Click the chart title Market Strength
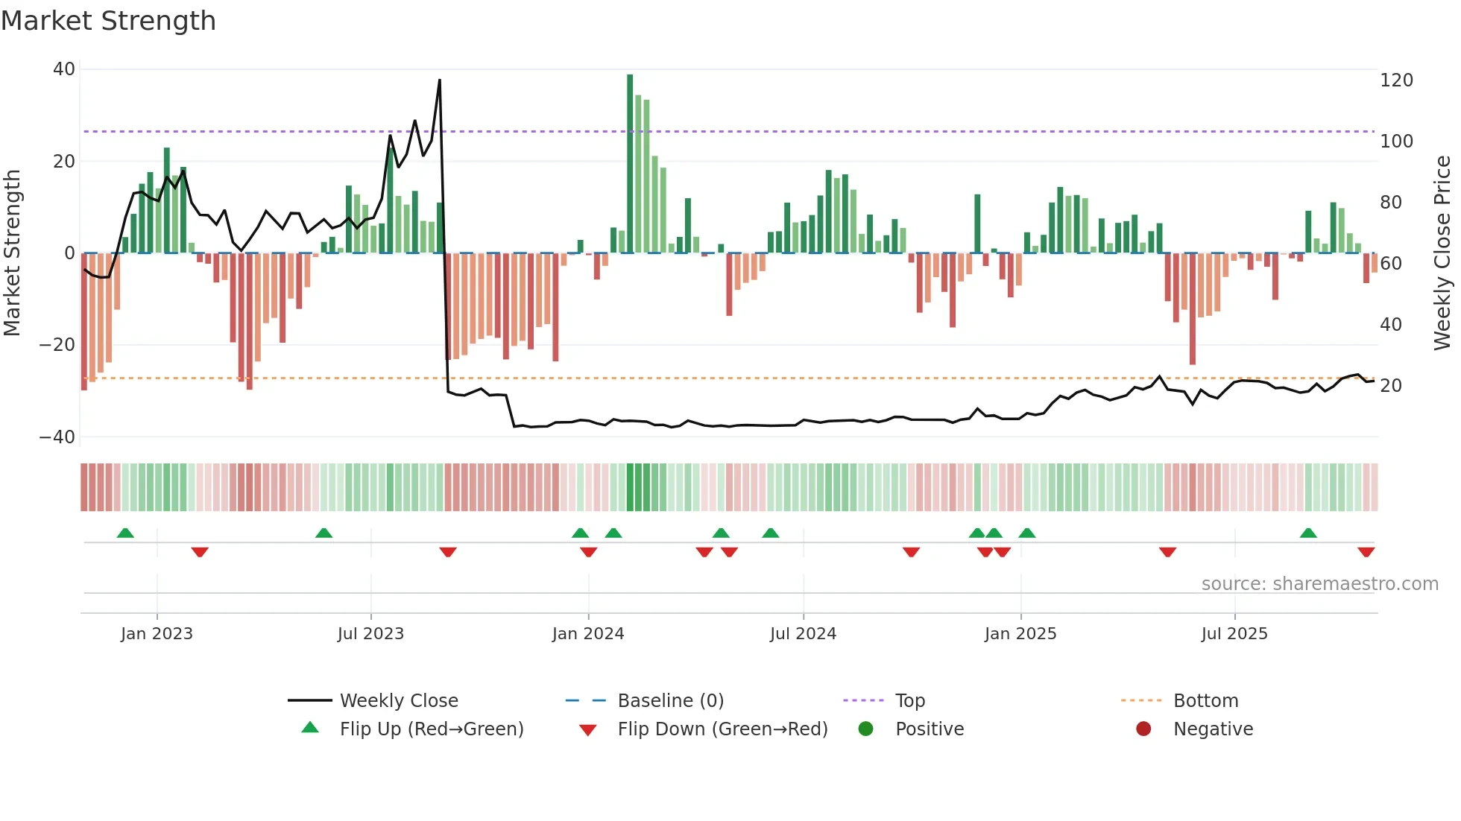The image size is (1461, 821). pyautogui.click(x=108, y=21)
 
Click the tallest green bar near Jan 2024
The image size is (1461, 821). pyautogui.click(x=630, y=164)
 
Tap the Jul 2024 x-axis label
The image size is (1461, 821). pyautogui.click(x=803, y=634)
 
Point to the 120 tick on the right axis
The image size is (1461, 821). pyautogui.click(x=1396, y=80)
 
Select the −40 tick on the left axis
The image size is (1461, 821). pyautogui.click(x=57, y=437)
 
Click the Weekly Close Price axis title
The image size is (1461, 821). pyautogui.click(x=1442, y=253)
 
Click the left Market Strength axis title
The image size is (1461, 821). pyautogui.click(x=13, y=253)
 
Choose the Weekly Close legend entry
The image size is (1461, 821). pyautogui.click(x=399, y=701)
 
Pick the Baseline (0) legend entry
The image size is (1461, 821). pyautogui.click(x=670, y=701)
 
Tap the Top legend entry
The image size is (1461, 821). pyautogui.click(x=909, y=701)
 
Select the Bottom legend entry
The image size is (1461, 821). pyautogui.click(x=1205, y=701)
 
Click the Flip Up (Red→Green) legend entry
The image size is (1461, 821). pyautogui.click(x=431, y=729)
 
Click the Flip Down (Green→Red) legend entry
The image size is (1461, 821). pyautogui.click(x=722, y=729)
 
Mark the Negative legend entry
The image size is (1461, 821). pyautogui.click(x=1213, y=729)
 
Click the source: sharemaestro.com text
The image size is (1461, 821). pyautogui.click(x=1319, y=584)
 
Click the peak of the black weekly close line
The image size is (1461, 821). pyautogui.click(x=440, y=80)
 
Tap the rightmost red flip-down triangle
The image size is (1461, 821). pyautogui.click(x=1366, y=552)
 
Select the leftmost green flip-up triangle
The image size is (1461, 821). pyautogui.click(x=125, y=533)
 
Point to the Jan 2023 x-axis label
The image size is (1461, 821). pyautogui.click(x=157, y=634)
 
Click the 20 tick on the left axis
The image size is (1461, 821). pyautogui.click(x=64, y=162)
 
